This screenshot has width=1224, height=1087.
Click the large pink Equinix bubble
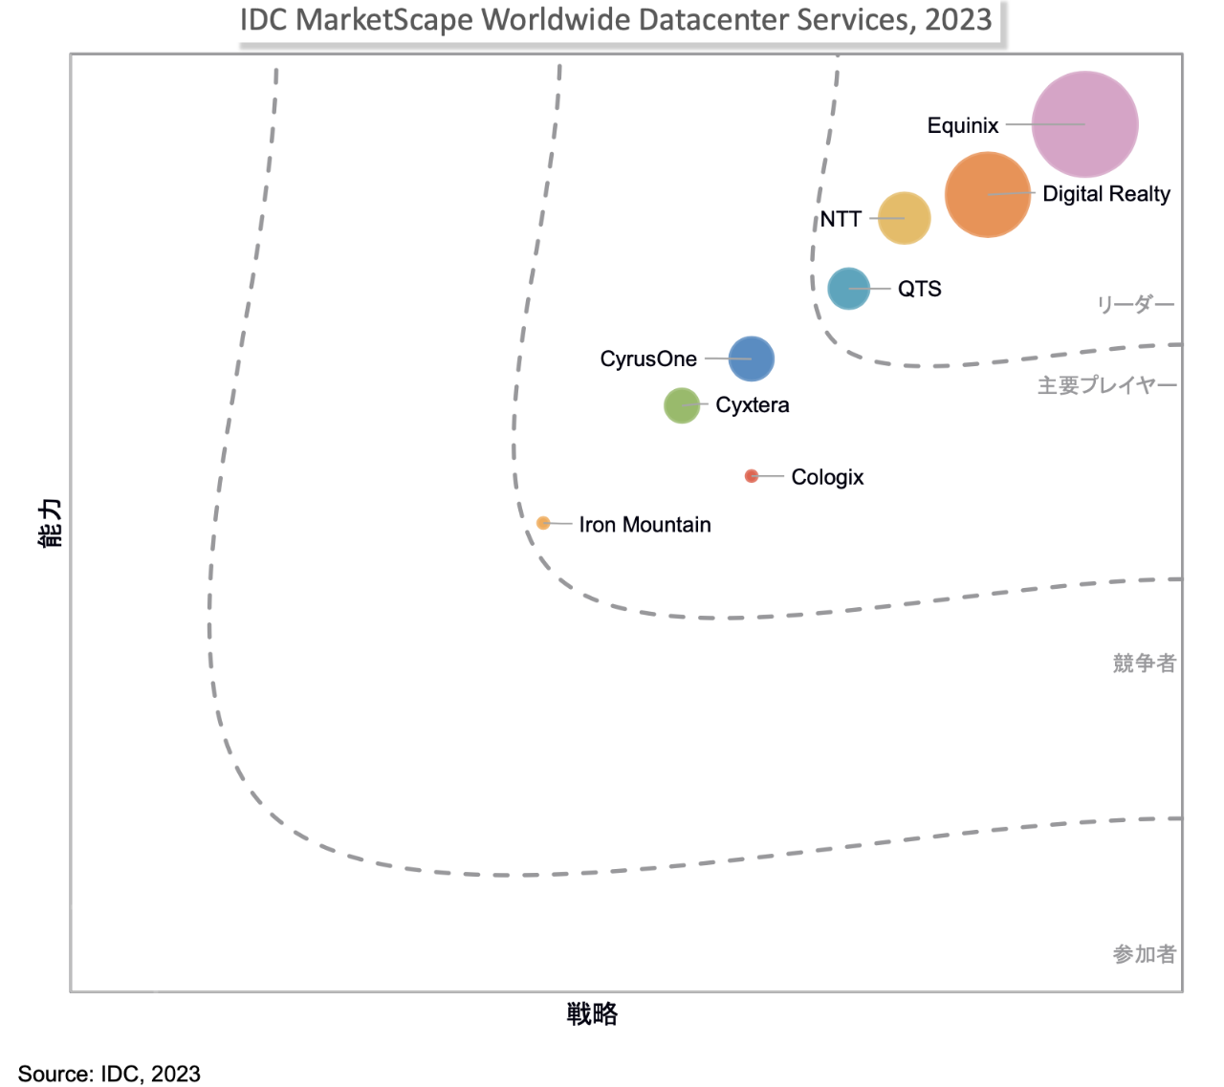(1085, 124)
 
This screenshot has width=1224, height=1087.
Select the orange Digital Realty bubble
(988, 194)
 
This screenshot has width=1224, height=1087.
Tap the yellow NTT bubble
(904, 218)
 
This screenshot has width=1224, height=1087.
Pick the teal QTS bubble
(848, 289)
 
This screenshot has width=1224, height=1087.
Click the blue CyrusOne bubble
(752, 359)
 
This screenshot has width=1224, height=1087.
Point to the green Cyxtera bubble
(682, 405)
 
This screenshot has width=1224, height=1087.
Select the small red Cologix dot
(752, 476)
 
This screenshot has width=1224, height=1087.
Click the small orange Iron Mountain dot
(543, 523)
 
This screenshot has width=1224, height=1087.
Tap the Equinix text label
(962, 125)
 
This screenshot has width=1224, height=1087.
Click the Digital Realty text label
(1106, 194)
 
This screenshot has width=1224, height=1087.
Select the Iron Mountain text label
(645, 525)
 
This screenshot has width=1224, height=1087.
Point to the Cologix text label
(827, 477)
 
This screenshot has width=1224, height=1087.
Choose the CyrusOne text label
(648, 359)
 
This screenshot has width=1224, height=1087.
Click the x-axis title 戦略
(592, 1014)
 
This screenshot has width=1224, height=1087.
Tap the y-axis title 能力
(50, 523)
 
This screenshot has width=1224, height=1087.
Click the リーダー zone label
(1135, 305)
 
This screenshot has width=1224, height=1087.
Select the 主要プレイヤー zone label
(1107, 385)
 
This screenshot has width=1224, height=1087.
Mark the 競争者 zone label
(1144, 663)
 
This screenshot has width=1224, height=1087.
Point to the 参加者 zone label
(1144, 954)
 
